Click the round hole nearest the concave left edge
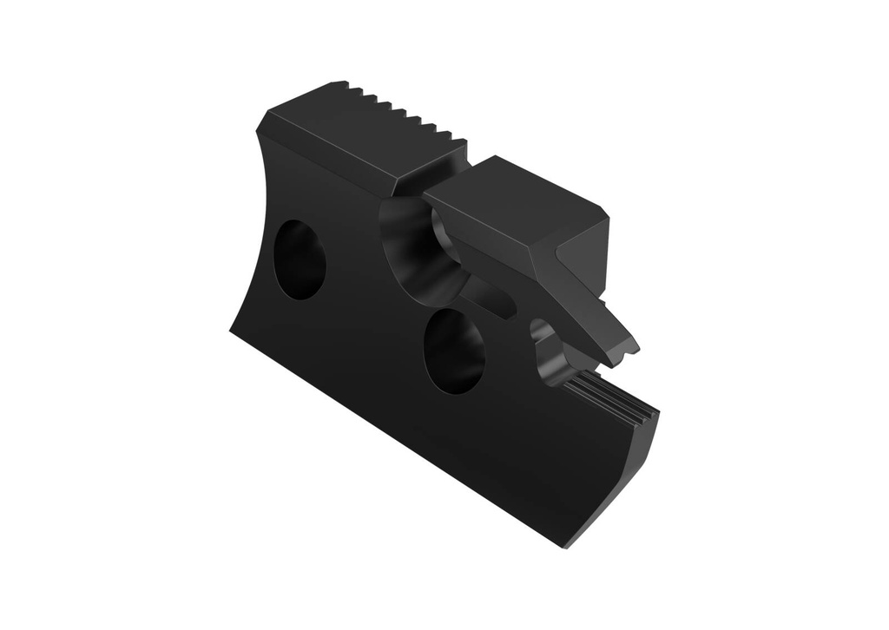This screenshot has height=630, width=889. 300,259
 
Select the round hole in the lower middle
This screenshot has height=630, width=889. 453,350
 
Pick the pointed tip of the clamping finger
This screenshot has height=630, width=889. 634,350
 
